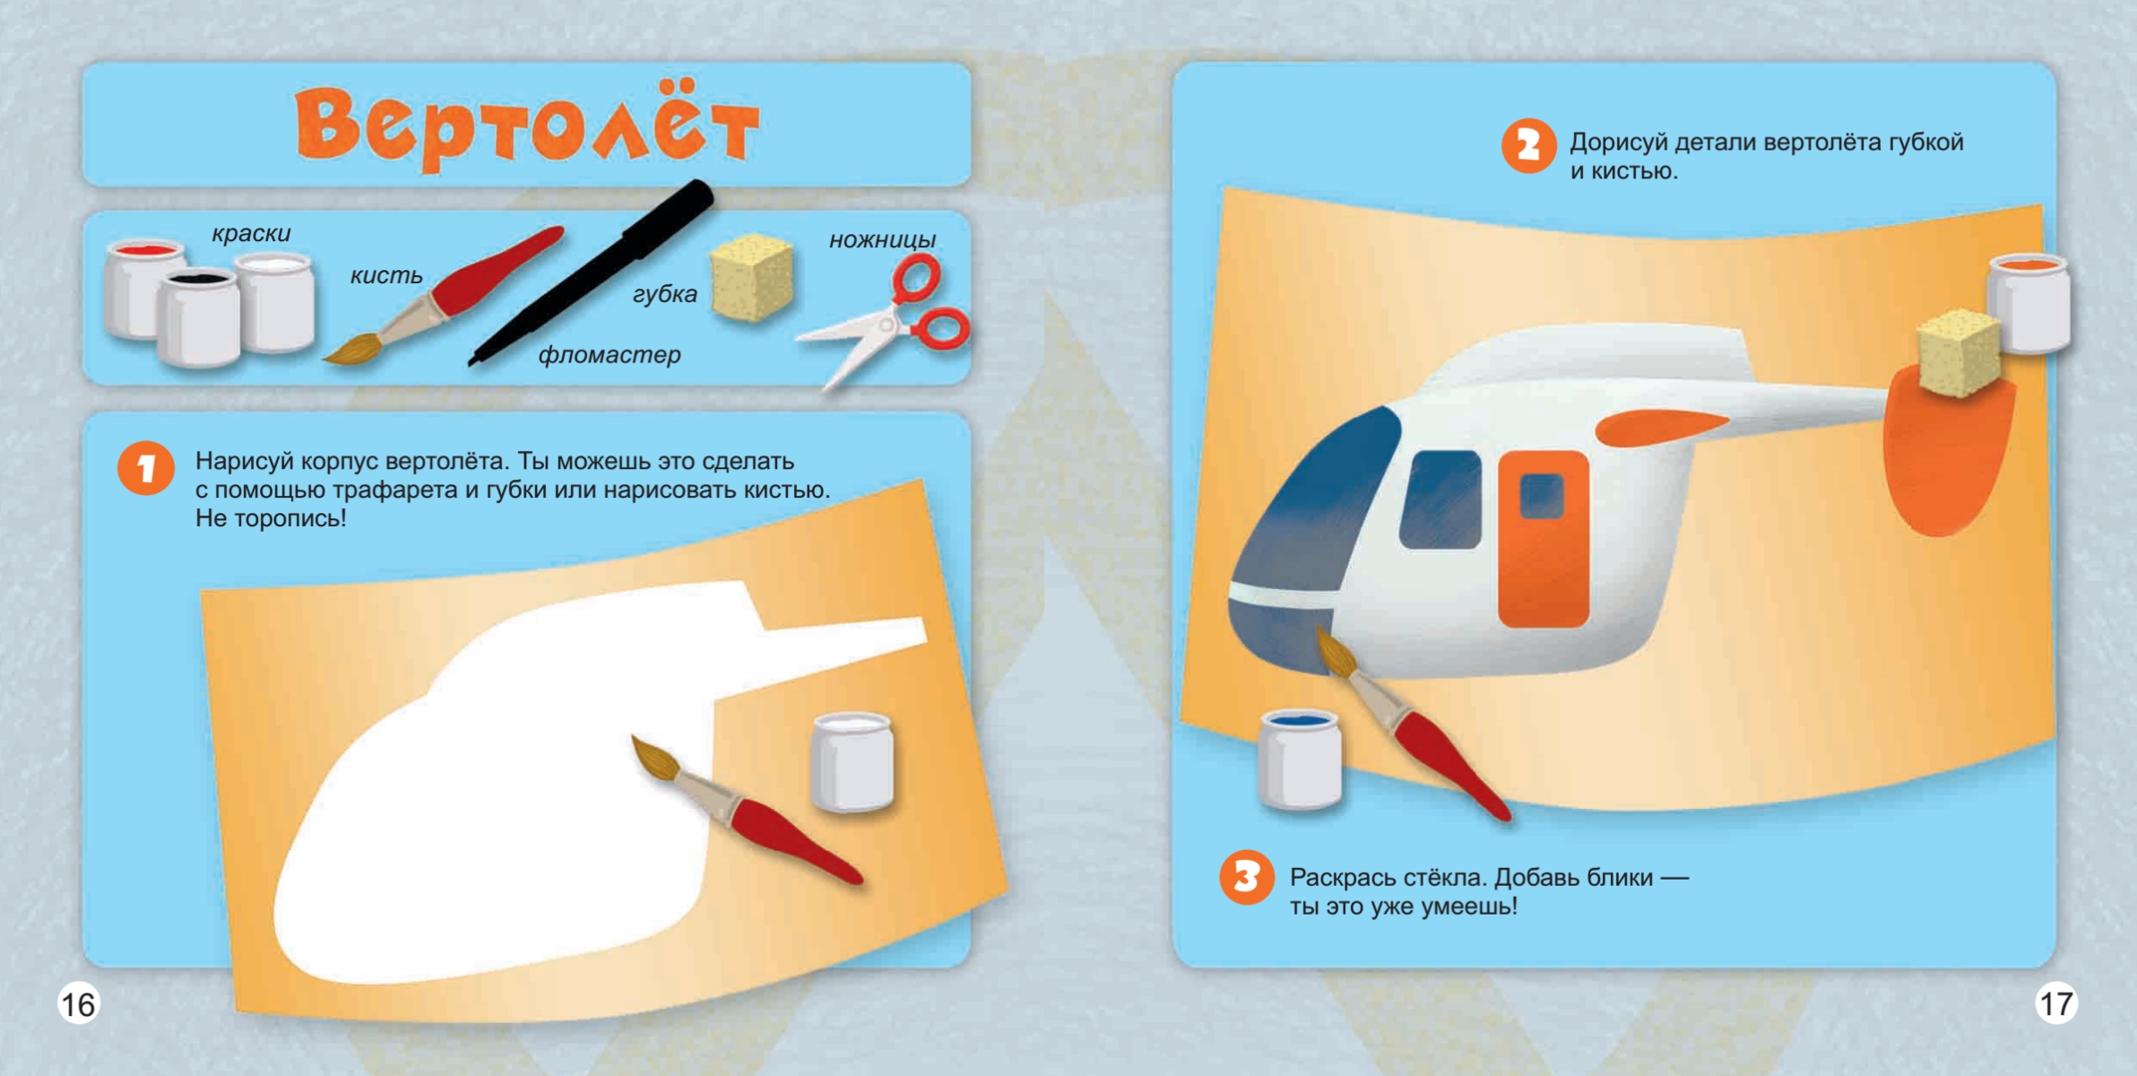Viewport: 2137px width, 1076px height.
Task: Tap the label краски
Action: click(x=251, y=233)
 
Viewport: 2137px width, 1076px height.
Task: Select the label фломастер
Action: click(x=610, y=355)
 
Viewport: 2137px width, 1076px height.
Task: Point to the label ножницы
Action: click(x=882, y=239)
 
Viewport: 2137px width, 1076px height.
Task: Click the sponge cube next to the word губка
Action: click(x=751, y=276)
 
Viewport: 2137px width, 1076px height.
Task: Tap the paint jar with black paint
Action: click(x=198, y=318)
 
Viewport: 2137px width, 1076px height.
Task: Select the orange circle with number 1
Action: click(x=146, y=467)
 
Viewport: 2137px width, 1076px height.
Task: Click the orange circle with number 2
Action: click(x=1528, y=146)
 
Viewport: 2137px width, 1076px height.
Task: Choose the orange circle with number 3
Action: click(x=1247, y=877)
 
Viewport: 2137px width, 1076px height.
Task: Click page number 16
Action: click(x=78, y=1004)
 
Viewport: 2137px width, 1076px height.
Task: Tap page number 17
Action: click(x=2056, y=1002)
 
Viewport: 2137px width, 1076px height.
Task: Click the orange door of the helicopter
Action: click(x=1544, y=540)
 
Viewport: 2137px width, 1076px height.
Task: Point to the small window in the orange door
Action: click(x=1543, y=496)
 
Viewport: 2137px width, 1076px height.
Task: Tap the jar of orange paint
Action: click(x=2029, y=304)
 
